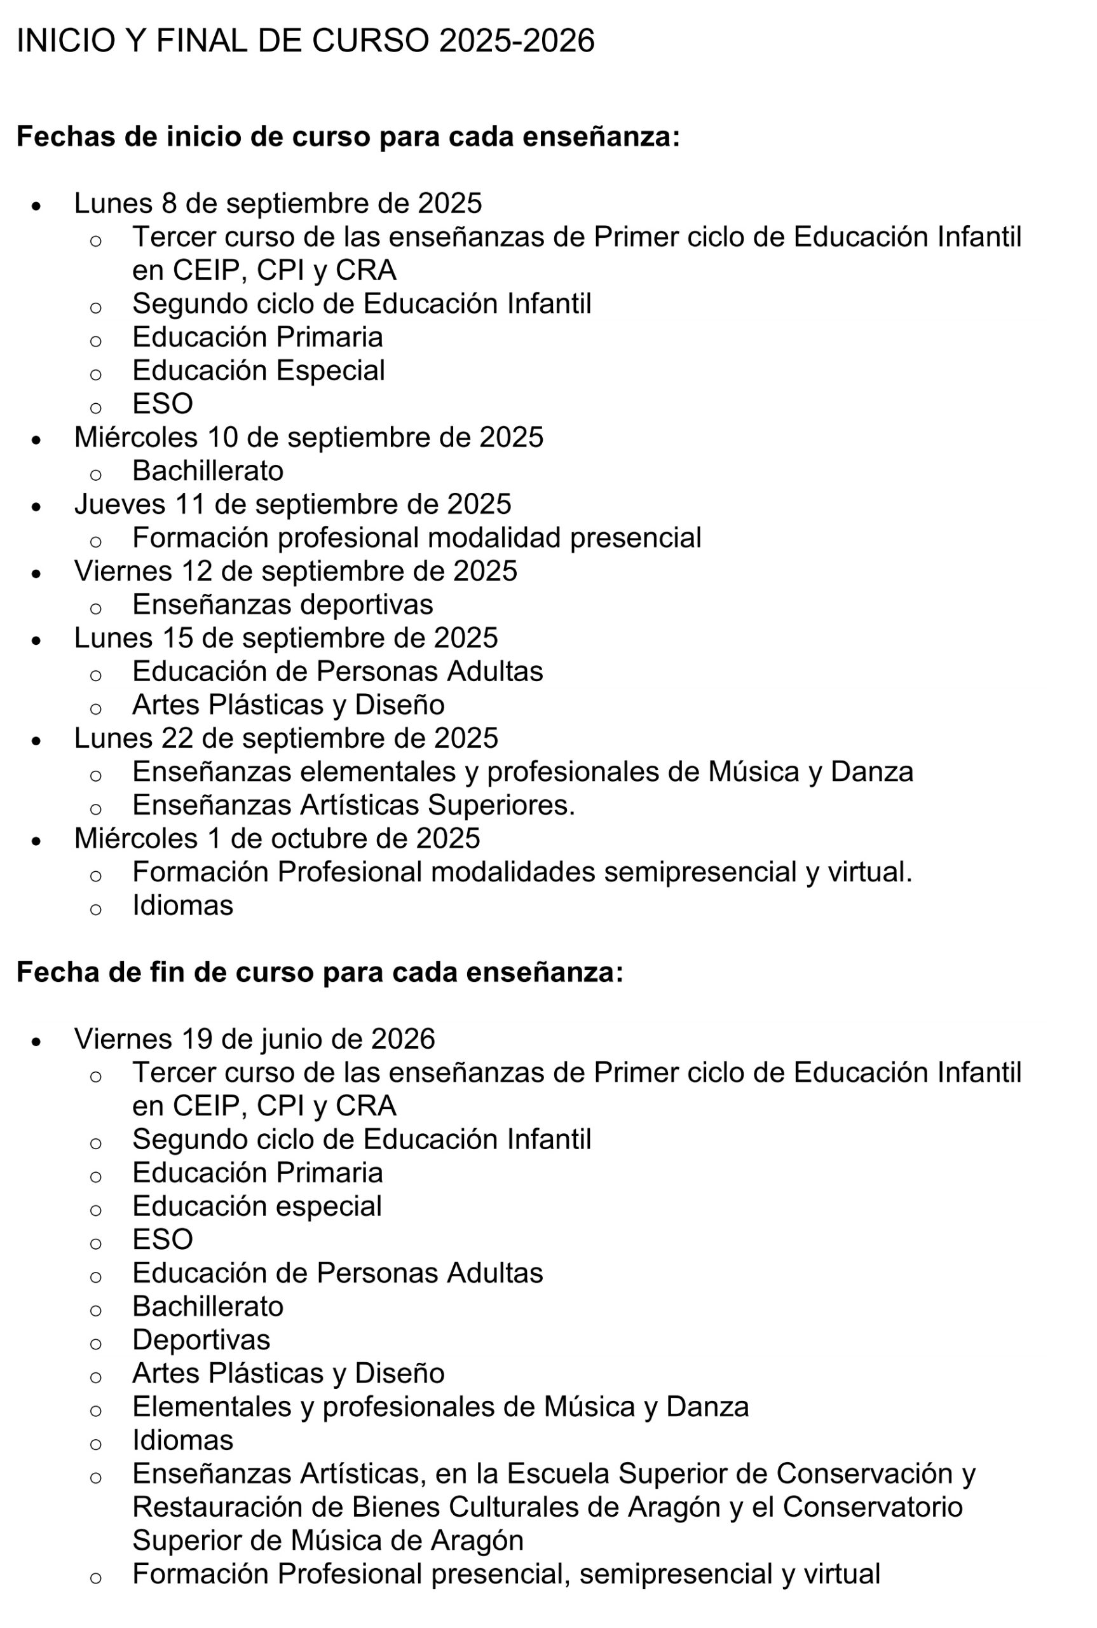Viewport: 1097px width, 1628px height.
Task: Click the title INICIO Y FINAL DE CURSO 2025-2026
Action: [x=305, y=41]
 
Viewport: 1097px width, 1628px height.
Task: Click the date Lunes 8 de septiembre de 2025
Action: [x=278, y=203]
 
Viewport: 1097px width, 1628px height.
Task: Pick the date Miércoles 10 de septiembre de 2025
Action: [x=308, y=438]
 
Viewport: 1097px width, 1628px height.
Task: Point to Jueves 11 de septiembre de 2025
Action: [x=292, y=504]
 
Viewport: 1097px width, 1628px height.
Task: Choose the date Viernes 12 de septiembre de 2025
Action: [x=296, y=571]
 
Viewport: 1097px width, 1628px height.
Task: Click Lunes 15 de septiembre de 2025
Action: [x=285, y=638]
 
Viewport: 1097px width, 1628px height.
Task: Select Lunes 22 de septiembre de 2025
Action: [x=285, y=738]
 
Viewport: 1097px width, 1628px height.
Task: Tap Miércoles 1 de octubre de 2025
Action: [x=277, y=839]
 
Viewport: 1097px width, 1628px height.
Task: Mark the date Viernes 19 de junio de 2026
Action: [x=255, y=1038]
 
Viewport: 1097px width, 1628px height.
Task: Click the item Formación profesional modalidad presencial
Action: [x=416, y=537]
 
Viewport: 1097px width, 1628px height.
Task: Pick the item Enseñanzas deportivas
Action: [x=283, y=605]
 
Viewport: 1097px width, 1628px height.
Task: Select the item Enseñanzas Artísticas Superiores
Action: [x=353, y=805]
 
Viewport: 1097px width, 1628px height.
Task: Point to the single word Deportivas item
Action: [x=201, y=1340]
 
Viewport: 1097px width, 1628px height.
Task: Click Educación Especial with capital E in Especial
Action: [x=258, y=370]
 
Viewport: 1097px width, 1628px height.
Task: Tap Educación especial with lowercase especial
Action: [x=257, y=1206]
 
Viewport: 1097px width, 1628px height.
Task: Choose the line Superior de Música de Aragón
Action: [x=327, y=1540]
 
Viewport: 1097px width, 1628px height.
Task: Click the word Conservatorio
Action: [x=872, y=1507]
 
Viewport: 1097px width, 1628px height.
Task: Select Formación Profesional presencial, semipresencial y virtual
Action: [x=506, y=1574]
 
